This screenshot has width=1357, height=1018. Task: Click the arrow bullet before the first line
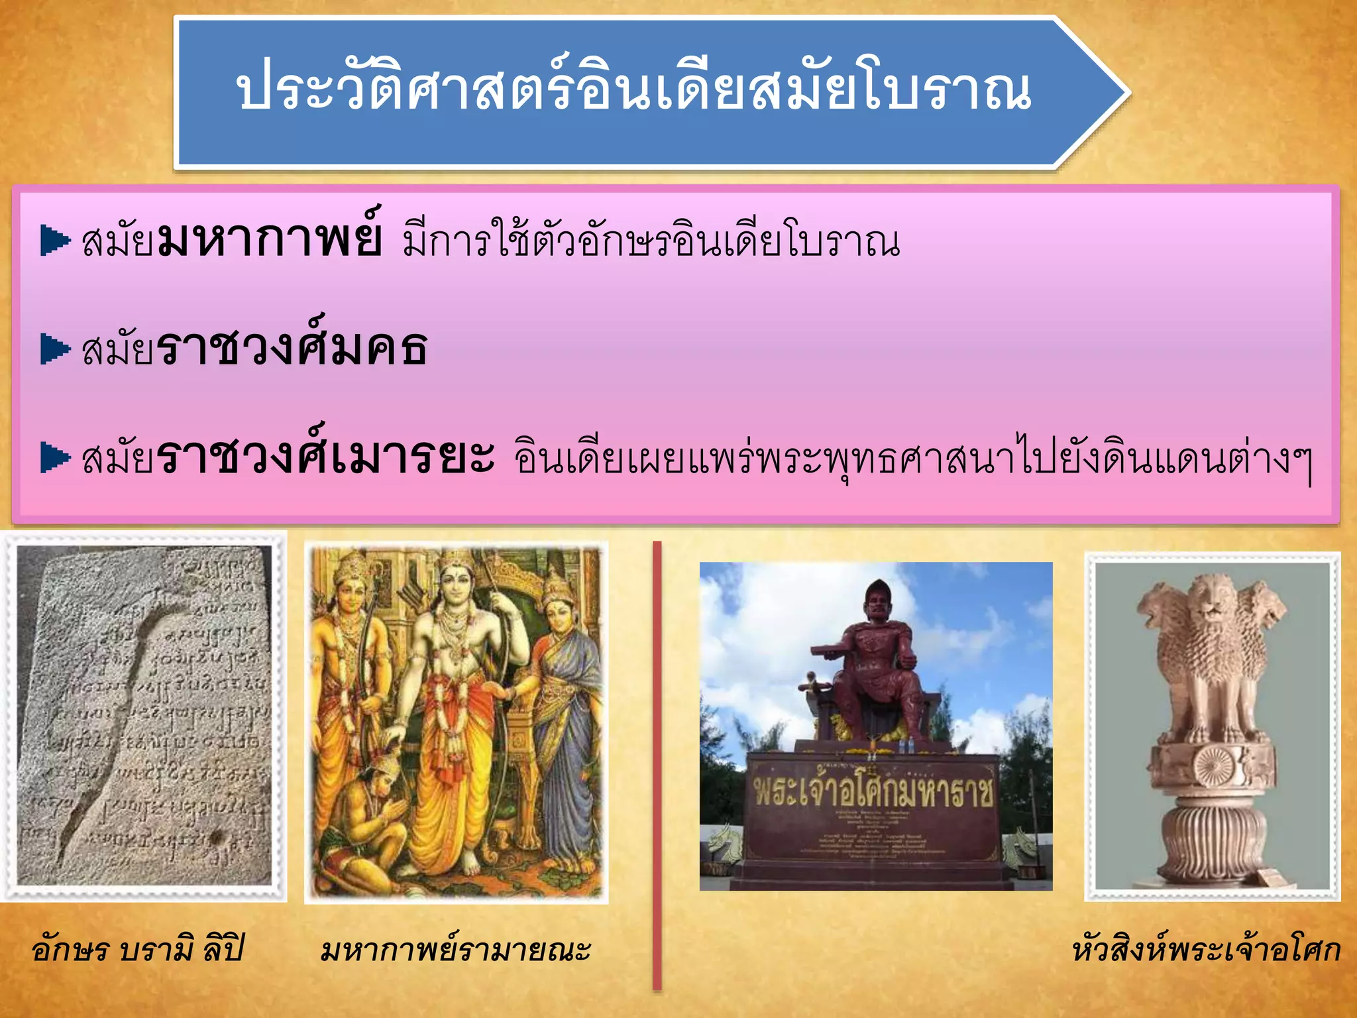click(x=55, y=240)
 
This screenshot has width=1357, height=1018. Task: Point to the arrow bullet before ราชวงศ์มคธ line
click(x=55, y=349)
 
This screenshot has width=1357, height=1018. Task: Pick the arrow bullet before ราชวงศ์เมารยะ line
click(x=55, y=457)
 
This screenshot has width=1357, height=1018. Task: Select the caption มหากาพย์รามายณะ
click(x=455, y=949)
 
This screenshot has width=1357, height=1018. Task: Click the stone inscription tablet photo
click(x=144, y=716)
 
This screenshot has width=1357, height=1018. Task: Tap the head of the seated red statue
click(x=877, y=600)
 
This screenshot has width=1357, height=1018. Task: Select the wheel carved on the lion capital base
click(x=1214, y=764)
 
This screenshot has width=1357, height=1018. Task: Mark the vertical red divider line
click(x=657, y=762)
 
